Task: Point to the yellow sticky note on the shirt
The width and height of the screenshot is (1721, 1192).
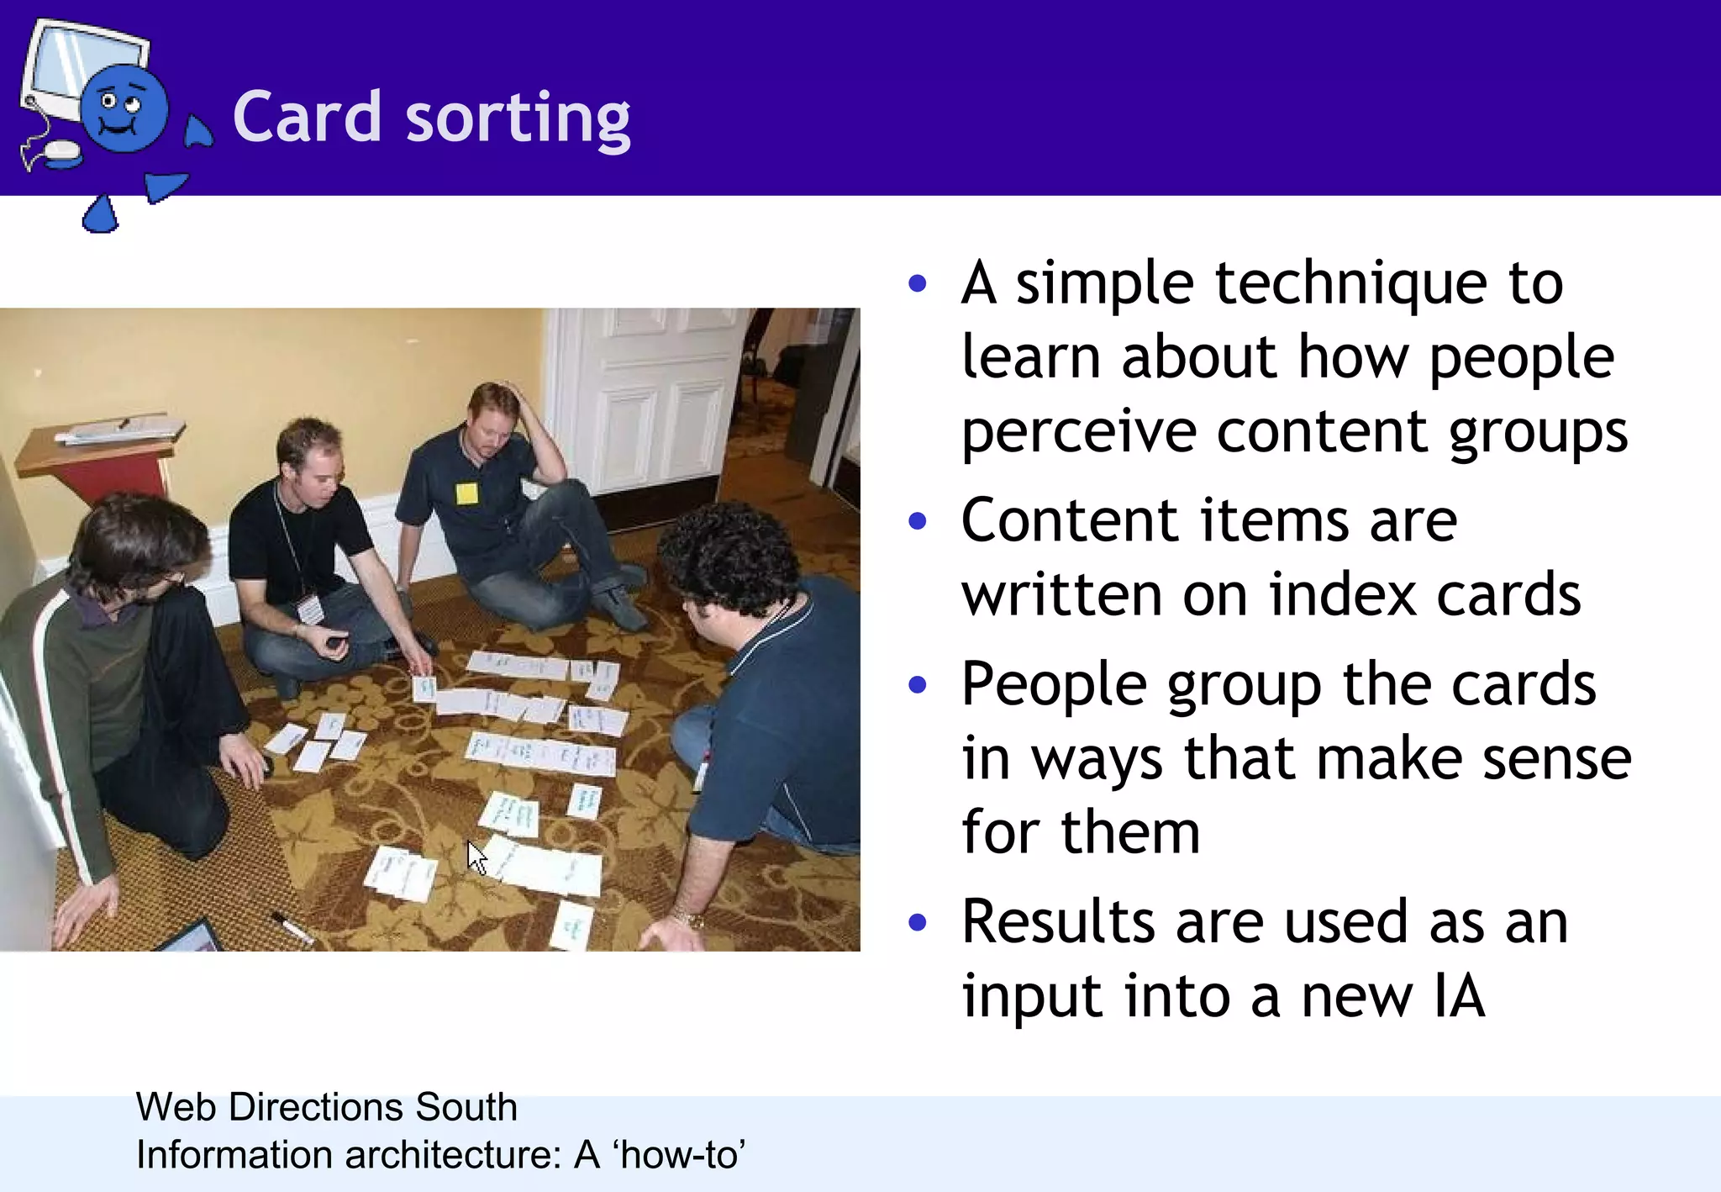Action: (x=466, y=493)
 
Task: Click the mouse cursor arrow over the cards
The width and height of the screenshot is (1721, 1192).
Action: (x=477, y=857)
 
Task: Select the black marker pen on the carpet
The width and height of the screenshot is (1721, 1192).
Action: (x=291, y=926)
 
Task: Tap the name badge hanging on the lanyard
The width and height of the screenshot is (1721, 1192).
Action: (x=311, y=608)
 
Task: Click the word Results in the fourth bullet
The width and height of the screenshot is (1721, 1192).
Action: (x=1058, y=923)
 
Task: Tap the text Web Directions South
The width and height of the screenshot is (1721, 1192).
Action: (x=326, y=1107)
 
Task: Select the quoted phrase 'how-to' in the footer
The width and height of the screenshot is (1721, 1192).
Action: (x=681, y=1155)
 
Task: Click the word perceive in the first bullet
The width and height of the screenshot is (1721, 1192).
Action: (x=1079, y=431)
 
